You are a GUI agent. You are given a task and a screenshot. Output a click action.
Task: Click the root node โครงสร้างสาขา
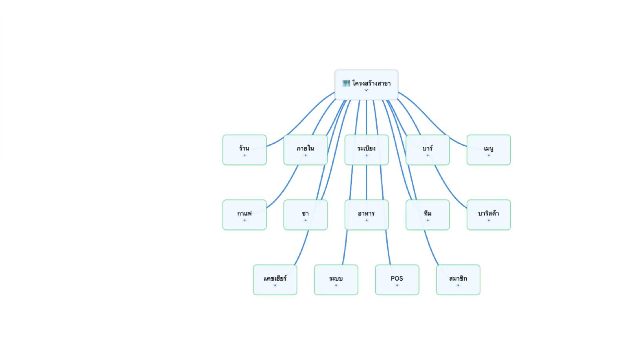pyautogui.click(x=366, y=85)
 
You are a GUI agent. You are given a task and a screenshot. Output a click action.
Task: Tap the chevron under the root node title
pyautogui.click(x=366, y=90)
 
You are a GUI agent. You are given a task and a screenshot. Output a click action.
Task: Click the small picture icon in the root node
pyautogui.click(x=346, y=83)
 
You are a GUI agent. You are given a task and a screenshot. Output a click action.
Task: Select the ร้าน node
pyautogui.click(x=245, y=150)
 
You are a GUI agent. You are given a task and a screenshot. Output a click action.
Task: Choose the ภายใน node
pyautogui.click(x=306, y=150)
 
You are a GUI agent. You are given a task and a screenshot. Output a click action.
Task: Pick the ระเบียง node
pyautogui.click(x=367, y=150)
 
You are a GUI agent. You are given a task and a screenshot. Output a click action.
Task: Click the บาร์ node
pyautogui.click(x=427, y=150)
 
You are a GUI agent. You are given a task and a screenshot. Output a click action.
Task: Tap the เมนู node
pyautogui.click(x=489, y=150)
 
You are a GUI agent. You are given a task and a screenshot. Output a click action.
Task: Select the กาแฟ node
pyautogui.click(x=245, y=215)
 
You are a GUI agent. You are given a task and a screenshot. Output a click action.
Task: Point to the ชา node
pyautogui.click(x=306, y=215)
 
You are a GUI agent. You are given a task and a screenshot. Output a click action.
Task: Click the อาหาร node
pyautogui.click(x=367, y=215)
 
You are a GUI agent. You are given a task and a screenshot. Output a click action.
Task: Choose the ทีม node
pyautogui.click(x=427, y=215)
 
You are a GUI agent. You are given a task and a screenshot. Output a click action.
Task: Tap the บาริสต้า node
pyautogui.click(x=489, y=215)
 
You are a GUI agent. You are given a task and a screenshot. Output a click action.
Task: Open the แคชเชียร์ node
pyautogui.click(x=275, y=280)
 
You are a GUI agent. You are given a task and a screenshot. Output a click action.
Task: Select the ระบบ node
pyautogui.click(x=336, y=280)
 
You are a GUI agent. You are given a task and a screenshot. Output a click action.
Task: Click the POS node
pyautogui.click(x=397, y=280)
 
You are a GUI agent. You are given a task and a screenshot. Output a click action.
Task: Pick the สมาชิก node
pyautogui.click(x=458, y=280)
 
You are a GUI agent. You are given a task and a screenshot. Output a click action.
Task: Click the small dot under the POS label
pyautogui.click(x=397, y=285)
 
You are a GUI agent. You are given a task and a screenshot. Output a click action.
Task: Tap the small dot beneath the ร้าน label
pyautogui.click(x=245, y=155)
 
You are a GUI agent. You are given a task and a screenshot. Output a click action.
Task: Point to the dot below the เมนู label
pyautogui.click(x=489, y=155)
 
